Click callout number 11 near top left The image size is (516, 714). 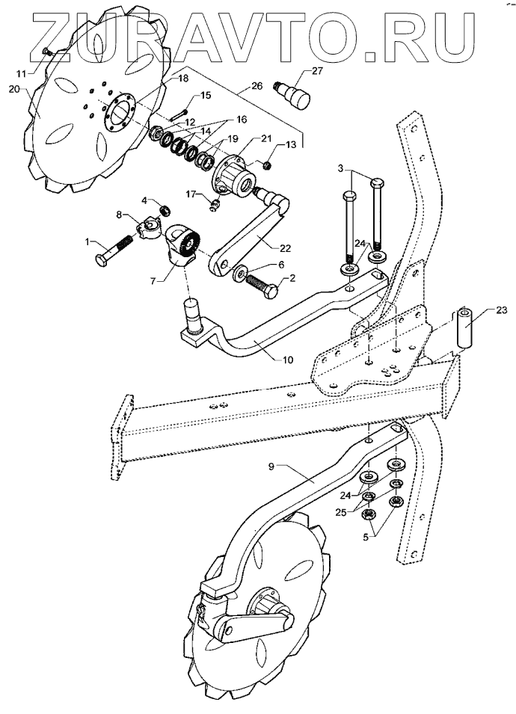coord(21,73)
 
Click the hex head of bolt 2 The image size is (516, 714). coord(274,288)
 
